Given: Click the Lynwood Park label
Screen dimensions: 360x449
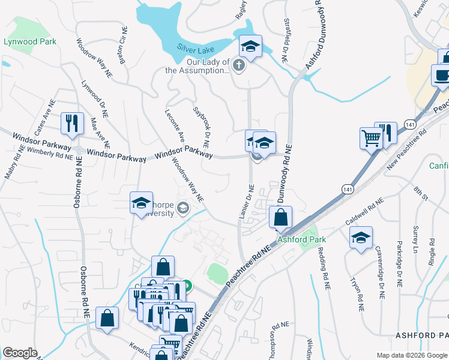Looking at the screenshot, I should click(x=30, y=41).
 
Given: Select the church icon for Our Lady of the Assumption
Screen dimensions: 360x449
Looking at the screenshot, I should click(x=239, y=65).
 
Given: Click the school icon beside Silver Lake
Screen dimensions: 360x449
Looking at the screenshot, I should click(x=250, y=46).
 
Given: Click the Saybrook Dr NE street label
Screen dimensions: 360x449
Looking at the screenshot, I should click(x=200, y=127).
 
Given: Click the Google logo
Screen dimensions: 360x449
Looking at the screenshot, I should click(x=20, y=353).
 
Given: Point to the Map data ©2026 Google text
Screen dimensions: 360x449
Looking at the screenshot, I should click(x=411, y=355).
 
